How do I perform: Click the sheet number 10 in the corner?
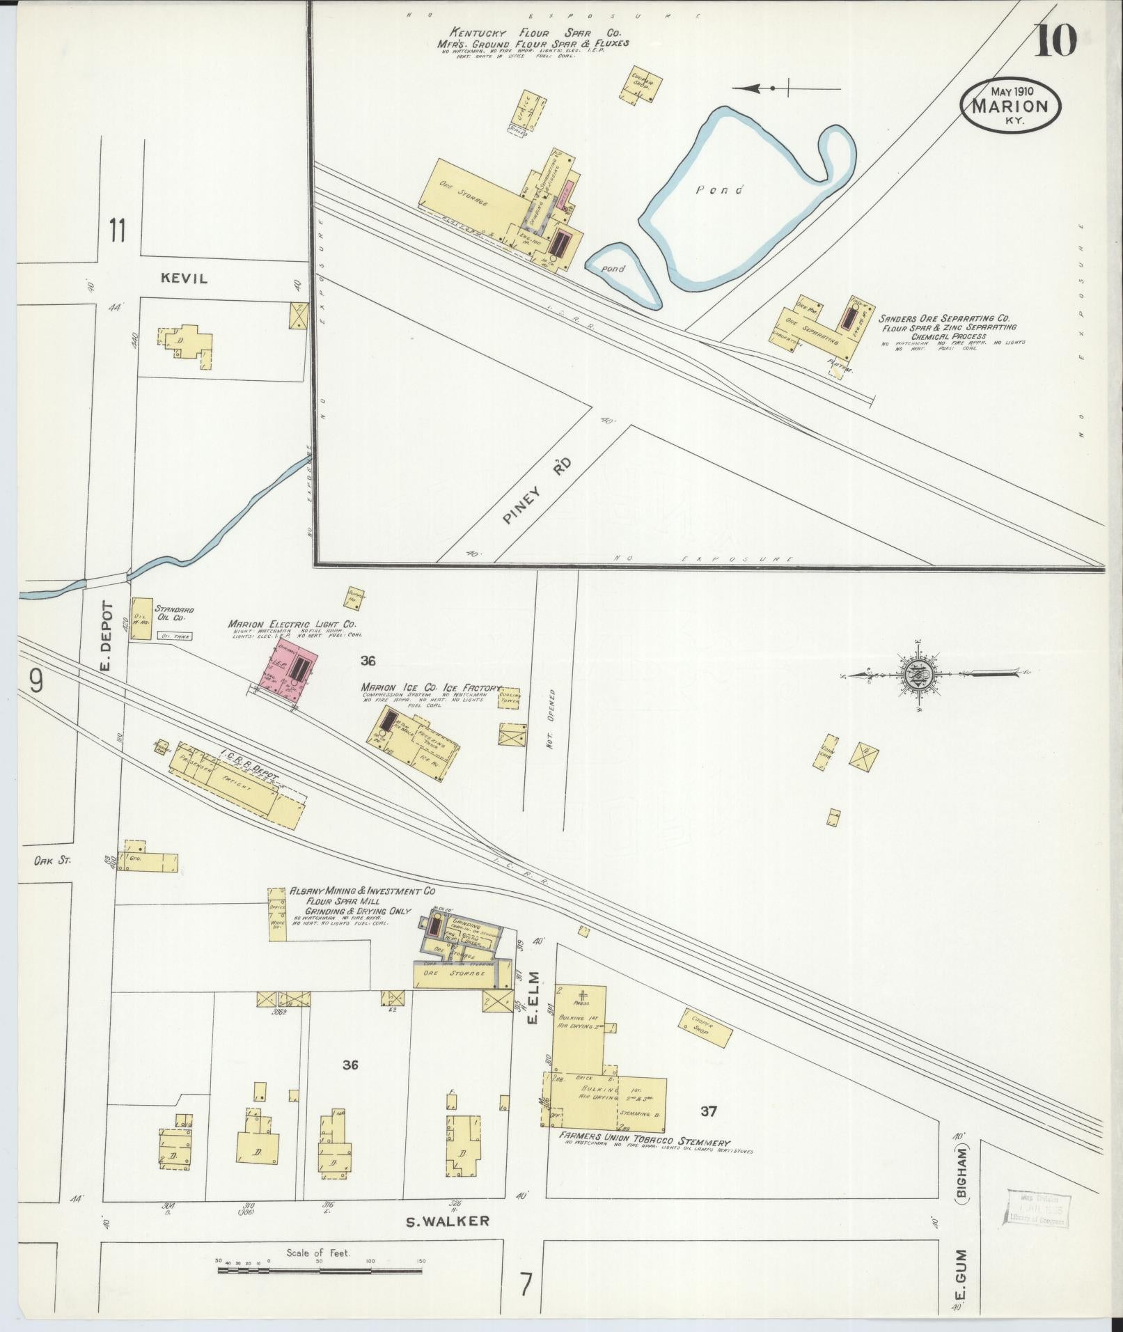click(x=1055, y=42)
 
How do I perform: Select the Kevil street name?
click(x=184, y=279)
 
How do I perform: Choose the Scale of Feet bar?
click(x=320, y=1271)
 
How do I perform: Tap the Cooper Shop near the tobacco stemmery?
click(x=705, y=1028)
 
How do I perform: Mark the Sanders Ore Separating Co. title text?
click(x=938, y=318)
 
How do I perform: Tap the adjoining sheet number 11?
click(x=116, y=230)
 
